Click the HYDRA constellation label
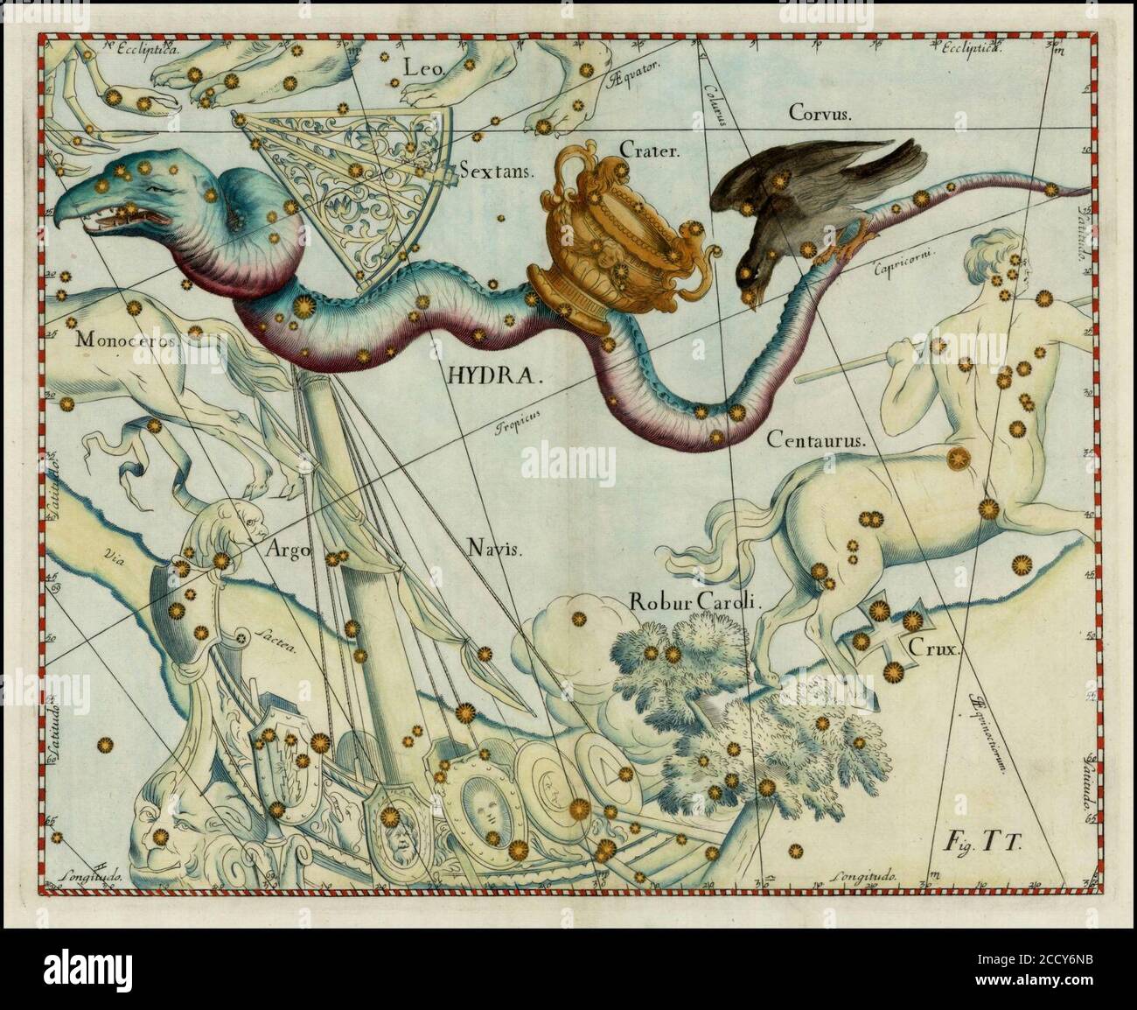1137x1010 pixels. click(495, 375)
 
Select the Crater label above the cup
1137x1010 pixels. click(649, 151)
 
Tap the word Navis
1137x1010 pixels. click(492, 550)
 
